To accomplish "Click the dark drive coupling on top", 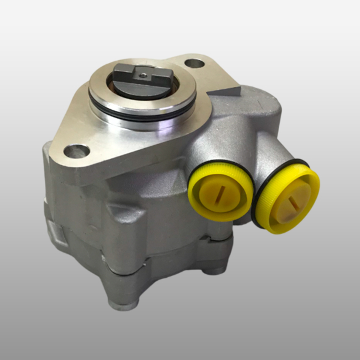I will click(x=142, y=83).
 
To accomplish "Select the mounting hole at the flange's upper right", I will click(x=194, y=64).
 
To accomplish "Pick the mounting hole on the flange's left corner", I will click(x=76, y=151).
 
